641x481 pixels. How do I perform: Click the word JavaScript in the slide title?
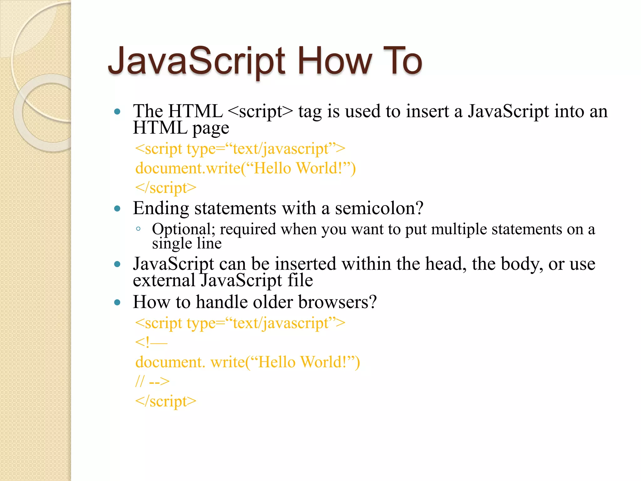(x=196, y=61)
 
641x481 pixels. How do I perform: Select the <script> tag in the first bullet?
(x=260, y=111)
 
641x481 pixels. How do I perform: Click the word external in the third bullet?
(x=164, y=280)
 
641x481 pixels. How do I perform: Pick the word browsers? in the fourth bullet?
(x=337, y=302)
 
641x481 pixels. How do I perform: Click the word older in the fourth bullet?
(x=273, y=302)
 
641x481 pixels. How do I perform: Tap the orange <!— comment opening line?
(x=151, y=342)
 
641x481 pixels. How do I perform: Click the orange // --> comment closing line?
(x=152, y=381)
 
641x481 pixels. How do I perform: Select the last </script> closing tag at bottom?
(x=166, y=401)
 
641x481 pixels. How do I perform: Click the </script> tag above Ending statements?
(x=166, y=188)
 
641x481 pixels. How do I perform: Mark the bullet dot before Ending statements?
(x=117, y=209)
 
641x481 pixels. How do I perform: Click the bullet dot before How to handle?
(x=117, y=303)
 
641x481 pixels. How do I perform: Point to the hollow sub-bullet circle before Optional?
(x=138, y=229)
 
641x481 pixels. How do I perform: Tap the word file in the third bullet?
(x=300, y=280)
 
